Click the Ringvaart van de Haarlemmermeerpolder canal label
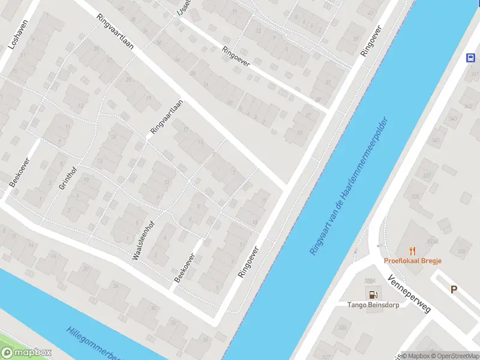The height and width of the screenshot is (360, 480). coord(350,185)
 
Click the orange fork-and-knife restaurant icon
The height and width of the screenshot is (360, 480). coord(412,250)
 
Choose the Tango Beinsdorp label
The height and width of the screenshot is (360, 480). coord(373,304)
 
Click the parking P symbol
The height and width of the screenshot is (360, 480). coord(454,290)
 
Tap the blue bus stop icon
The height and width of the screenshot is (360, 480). coord(472,58)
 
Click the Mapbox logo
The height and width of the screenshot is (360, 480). coord(26,353)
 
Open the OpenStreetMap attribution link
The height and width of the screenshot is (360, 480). coord(454,356)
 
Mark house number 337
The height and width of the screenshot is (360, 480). coord(427,176)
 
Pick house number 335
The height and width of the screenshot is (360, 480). coord(415,196)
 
